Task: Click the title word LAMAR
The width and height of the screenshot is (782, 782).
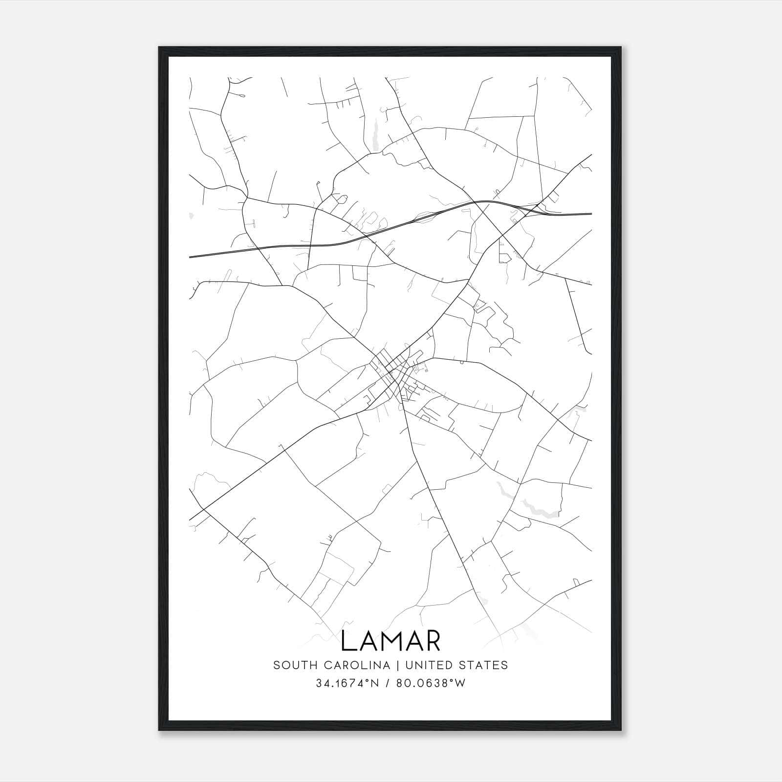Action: tap(391, 641)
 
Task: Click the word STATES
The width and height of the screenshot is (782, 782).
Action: tap(484, 665)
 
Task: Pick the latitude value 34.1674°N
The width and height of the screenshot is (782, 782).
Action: tap(348, 683)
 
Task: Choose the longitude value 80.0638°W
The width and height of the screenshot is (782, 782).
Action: tap(431, 683)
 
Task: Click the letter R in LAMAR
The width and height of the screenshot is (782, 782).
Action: tap(432, 641)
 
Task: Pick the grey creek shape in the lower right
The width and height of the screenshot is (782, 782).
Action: tap(535, 508)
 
